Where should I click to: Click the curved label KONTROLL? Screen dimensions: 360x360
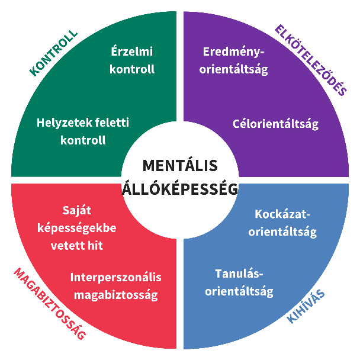click(53, 54)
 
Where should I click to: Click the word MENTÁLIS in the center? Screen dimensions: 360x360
click(180, 165)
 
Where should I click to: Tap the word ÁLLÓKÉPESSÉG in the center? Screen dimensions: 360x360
click(180, 189)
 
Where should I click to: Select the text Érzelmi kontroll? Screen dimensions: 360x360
click(133, 60)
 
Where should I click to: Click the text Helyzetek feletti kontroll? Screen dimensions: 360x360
click(83, 131)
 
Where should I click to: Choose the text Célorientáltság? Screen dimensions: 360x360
click(275, 124)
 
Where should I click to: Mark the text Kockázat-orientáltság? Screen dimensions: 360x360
click(282, 223)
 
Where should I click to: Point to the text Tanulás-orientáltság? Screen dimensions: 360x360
click(243, 282)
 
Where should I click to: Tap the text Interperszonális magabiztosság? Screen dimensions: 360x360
click(115, 286)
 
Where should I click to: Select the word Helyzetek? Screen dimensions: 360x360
click(62, 123)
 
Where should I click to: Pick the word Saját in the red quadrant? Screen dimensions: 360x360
click(77, 210)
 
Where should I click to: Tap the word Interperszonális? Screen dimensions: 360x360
click(115, 277)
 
